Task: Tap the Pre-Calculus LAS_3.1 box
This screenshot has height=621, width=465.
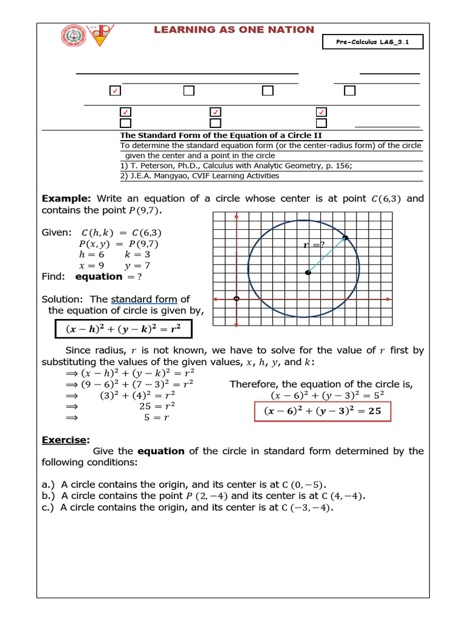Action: pyautogui.click(x=372, y=42)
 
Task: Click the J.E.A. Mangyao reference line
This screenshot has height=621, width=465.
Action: pyautogui.click(x=200, y=176)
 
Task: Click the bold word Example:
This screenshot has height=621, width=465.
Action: pyautogui.click(x=66, y=199)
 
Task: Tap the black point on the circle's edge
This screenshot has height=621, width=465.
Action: pyautogui.click(x=345, y=237)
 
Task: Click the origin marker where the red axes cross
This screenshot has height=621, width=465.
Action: pyautogui.click(x=236, y=298)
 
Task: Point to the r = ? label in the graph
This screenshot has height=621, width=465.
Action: pyautogui.click(x=314, y=245)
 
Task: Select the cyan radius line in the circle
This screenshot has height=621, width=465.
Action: pyautogui.click(x=327, y=255)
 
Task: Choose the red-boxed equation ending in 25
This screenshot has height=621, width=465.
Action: pyautogui.click(x=322, y=411)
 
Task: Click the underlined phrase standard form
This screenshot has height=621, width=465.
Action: pyautogui.click(x=143, y=299)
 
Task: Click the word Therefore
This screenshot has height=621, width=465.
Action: pyautogui.click(x=254, y=384)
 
